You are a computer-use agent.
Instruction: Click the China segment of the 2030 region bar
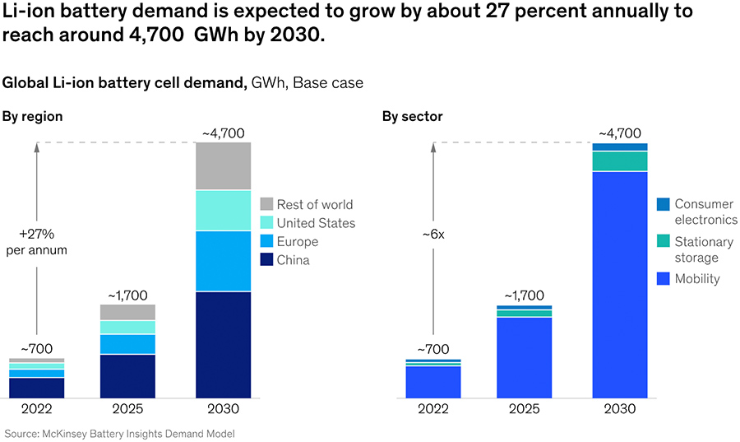[x=223, y=345]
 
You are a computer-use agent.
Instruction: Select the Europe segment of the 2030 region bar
[x=223, y=261]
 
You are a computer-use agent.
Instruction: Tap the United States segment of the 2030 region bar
[x=223, y=211]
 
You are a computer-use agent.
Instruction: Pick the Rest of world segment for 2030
[x=223, y=166]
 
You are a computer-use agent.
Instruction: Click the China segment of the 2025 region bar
[x=127, y=376]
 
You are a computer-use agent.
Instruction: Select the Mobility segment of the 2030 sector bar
[x=619, y=285]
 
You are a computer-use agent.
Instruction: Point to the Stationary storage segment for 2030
[x=619, y=161]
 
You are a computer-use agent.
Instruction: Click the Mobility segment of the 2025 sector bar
[x=524, y=357]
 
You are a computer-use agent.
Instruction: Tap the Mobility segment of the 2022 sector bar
[x=432, y=382]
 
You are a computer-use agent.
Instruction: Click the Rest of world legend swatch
[x=266, y=204]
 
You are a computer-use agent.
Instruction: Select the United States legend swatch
[x=266, y=223]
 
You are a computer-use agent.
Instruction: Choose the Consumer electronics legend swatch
[x=664, y=203]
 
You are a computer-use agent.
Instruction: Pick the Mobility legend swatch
[x=664, y=279]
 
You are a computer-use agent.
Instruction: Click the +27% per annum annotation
[x=36, y=241]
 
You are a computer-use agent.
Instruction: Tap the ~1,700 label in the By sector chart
[x=524, y=295]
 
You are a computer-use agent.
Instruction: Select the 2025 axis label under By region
[x=127, y=409]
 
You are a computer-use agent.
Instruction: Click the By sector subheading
[x=412, y=116]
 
